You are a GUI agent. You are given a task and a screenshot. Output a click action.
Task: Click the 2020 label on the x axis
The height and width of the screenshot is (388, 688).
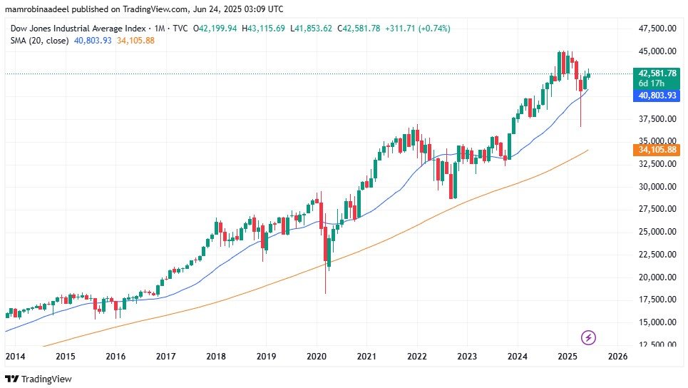pyautogui.click(x=317, y=356)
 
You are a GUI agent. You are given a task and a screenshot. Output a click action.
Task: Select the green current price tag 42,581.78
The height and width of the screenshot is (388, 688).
pyautogui.click(x=657, y=73)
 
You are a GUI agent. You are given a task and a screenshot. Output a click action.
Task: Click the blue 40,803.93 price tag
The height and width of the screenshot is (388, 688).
pyautogui.click(x=657, y=94)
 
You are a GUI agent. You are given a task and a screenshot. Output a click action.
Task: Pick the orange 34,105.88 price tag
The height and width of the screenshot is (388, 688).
pyautogui.click(x=657, y=149)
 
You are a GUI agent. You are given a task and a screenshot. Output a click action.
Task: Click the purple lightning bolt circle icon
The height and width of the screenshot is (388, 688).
pyautogui.click(x=589, y=337)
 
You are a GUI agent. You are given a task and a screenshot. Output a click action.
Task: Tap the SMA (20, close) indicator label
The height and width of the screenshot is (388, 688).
pyautogui.click(x=40, y=41)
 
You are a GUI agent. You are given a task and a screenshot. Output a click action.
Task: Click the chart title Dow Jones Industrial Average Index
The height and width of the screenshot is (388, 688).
pyautogui.click(x=78, y=29)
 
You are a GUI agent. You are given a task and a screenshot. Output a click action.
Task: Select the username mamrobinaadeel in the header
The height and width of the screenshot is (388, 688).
pyautogui.click(x=36, y=8)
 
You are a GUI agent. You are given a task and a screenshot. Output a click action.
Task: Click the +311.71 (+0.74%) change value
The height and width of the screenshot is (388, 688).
pyautogui.click(x=417, y=29)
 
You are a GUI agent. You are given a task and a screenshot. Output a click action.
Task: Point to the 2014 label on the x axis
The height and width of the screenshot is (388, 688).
pyautogui.click(x=15, y=356)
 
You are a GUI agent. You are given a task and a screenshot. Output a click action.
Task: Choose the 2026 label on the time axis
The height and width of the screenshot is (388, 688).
pyautogui.click(x=617, y=356)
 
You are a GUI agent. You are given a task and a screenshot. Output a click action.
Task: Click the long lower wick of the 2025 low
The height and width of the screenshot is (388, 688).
pyautogui.click(x=581, y=114)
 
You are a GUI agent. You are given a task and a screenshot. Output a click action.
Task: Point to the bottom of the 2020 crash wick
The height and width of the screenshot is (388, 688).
pyautogui.click(x=325, y=292)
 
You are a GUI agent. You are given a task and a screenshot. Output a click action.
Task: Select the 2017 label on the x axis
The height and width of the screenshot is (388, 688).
pyautogui.click(x=166, y=356)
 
